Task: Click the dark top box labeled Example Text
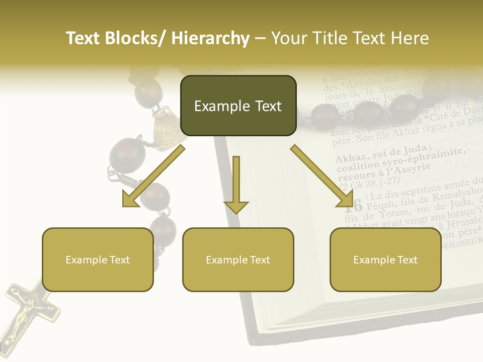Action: (238, 106)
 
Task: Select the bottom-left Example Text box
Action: (98, 259)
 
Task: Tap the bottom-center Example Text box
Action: (238, 259)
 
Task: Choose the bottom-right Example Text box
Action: (385, 259)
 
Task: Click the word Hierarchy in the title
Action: (210, 39)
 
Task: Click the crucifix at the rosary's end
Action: (28, 314)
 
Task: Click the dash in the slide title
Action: (260, 39)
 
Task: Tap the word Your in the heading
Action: (288, 39)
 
